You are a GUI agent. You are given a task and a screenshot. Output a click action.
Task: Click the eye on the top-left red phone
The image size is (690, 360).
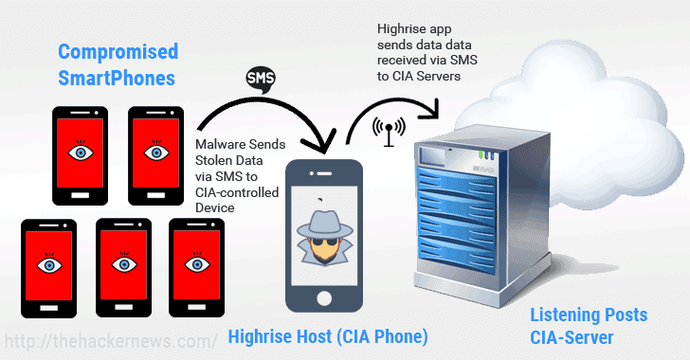[81, 152]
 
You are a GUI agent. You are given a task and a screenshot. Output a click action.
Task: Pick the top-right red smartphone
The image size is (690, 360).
[154, 153]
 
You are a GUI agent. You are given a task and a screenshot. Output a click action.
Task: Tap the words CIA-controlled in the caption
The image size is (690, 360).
[238, 192]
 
